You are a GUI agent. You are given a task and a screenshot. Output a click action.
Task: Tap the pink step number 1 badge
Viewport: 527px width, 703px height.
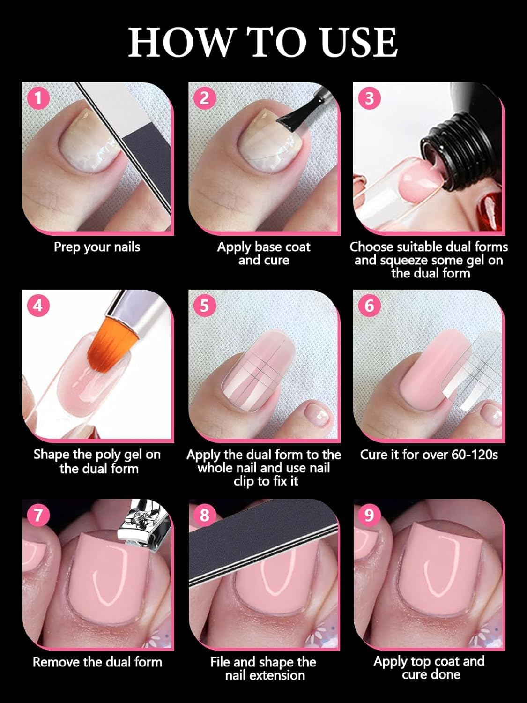38,98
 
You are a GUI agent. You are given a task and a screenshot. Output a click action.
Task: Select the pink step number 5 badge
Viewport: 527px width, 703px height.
204,306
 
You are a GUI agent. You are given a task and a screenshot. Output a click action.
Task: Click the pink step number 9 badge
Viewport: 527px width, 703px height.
370,515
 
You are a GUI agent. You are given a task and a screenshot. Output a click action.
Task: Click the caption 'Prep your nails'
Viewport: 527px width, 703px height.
97,247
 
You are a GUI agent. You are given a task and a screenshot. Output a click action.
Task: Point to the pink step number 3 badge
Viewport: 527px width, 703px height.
370,98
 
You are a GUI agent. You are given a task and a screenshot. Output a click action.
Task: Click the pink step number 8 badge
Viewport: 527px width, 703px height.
204,515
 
